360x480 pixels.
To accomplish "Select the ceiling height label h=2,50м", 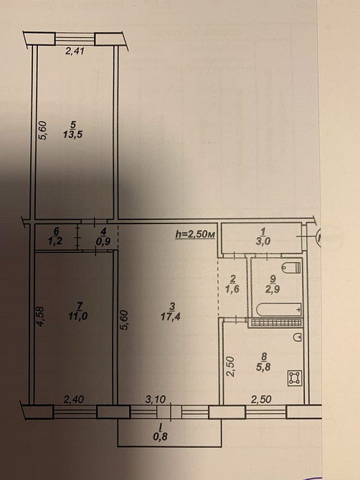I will click(x=195, y=234).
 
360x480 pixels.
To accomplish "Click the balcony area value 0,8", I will click(x=171, y=432).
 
